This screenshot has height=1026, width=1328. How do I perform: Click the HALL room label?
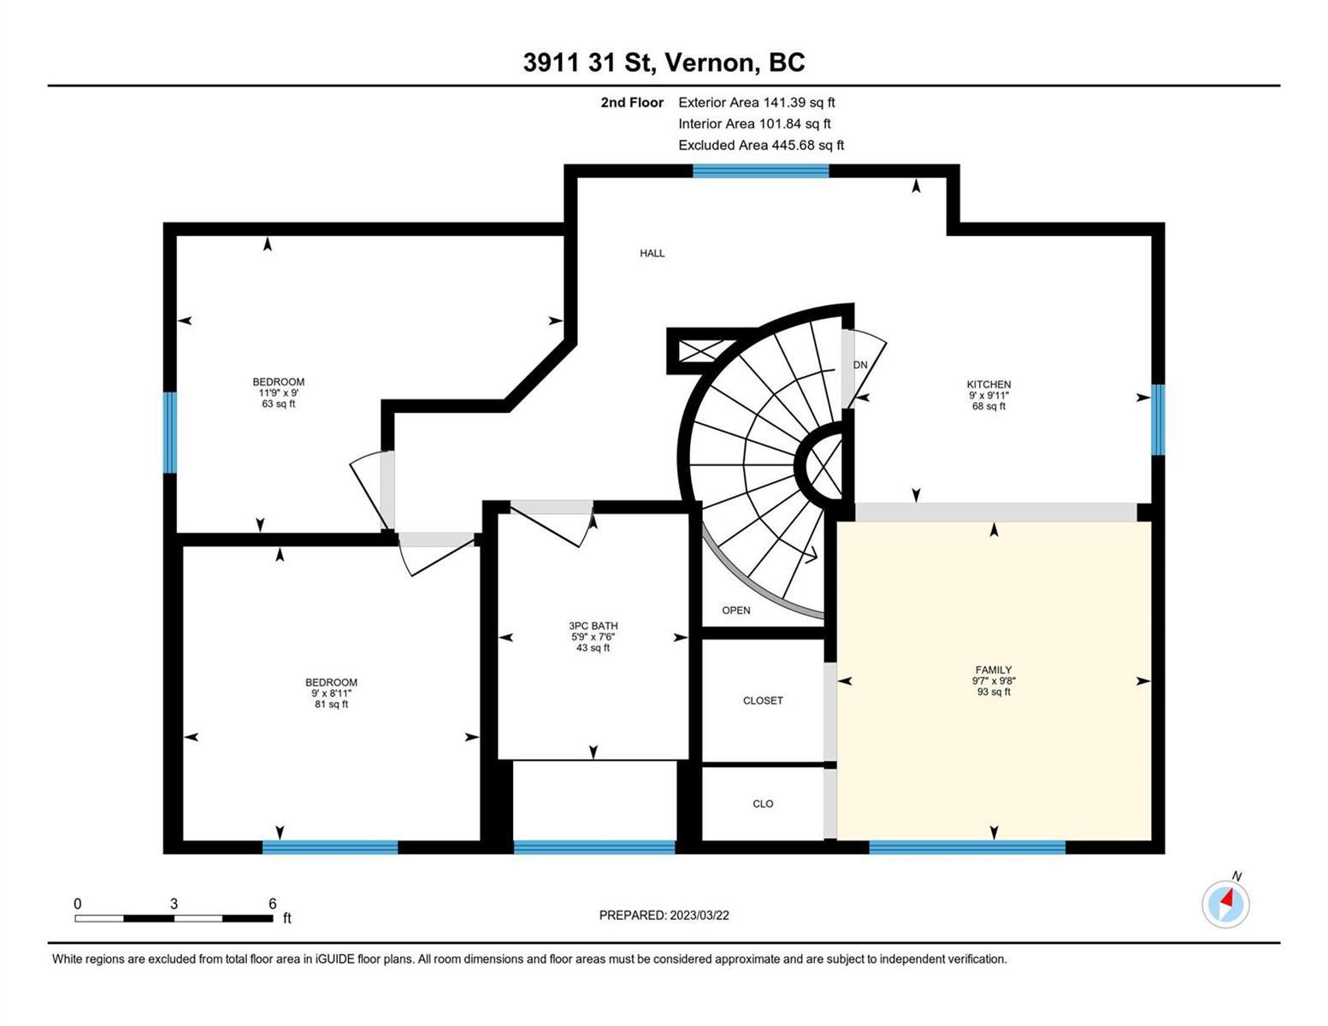pos(652,253)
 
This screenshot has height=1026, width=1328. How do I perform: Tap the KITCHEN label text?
pos(989,385)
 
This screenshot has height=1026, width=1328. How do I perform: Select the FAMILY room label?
pos(993,669)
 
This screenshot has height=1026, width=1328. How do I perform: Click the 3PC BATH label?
pos(593,626)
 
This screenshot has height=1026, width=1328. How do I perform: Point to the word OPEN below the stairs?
pos(735,610)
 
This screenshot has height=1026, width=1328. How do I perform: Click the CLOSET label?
pos(763,700)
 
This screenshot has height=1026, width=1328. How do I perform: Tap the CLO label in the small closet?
pos(763,804)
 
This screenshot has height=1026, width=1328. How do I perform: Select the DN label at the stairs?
pos(860,365)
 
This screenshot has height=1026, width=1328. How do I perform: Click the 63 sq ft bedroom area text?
pos(278,404)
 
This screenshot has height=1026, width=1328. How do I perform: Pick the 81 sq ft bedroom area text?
pos(331,704)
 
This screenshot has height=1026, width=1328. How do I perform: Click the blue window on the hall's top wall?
pos(760,170)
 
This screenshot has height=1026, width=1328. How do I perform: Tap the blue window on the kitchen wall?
pos(1158,419)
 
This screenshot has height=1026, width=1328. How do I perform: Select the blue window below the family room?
pos(967,847)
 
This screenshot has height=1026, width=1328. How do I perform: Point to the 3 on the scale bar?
pos(174,904)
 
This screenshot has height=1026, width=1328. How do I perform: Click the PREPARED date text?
pos(664,916)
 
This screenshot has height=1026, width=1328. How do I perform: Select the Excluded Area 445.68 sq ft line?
pos(761,145)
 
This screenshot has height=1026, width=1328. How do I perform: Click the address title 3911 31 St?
pos(587,62)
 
